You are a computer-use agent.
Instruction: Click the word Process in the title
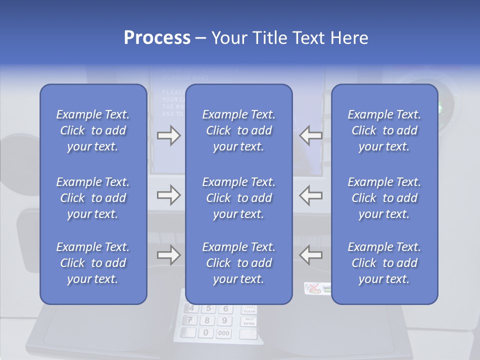[x=157, y=38]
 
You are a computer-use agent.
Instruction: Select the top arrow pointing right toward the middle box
[x=168, y=135]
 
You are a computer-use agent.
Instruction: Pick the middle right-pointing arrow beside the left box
[x=168, y=195]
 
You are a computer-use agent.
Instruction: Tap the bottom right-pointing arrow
[x=168, y=255]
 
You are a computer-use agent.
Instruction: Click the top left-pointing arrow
[x=311, y=135]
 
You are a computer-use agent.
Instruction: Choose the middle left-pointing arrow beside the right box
[x=311, y=195]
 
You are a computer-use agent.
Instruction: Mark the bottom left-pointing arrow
[x=311, y=255]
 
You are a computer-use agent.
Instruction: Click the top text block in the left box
[x=93, y=130]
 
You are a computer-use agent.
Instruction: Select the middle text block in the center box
[x=238, y=197]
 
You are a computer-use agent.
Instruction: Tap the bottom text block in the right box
[x=384, y=263]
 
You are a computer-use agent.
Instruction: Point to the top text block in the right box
[x=384, y=130]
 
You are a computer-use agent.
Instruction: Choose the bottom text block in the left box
[x=93, y=263]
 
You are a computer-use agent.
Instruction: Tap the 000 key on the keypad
[x=224, y=333]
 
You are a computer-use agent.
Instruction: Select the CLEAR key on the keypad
[x=249, y=309]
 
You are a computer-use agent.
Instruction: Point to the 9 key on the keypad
[x=224, y=321]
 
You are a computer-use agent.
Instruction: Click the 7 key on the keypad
[x=190, y=320]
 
